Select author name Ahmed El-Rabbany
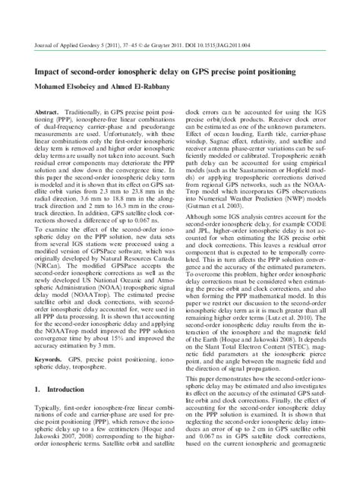[137, 72]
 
